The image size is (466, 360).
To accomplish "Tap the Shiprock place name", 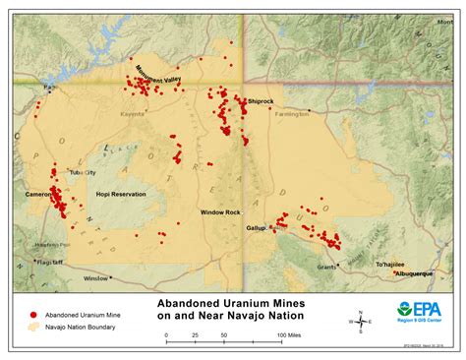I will coord(261,101).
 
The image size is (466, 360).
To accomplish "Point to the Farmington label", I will coord(292,113).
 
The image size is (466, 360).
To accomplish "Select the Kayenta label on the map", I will coord(132,113).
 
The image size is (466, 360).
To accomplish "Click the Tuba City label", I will coord(83,172).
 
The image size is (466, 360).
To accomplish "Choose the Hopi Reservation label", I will coord(121,195).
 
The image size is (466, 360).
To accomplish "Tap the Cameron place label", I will coord(39,195).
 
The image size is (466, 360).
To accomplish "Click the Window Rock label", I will coord(220,212).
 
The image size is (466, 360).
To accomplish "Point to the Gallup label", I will coord(256,227).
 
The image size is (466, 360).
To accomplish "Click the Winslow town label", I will coord(96,278).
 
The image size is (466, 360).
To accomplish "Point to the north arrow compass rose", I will coord(361,321).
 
